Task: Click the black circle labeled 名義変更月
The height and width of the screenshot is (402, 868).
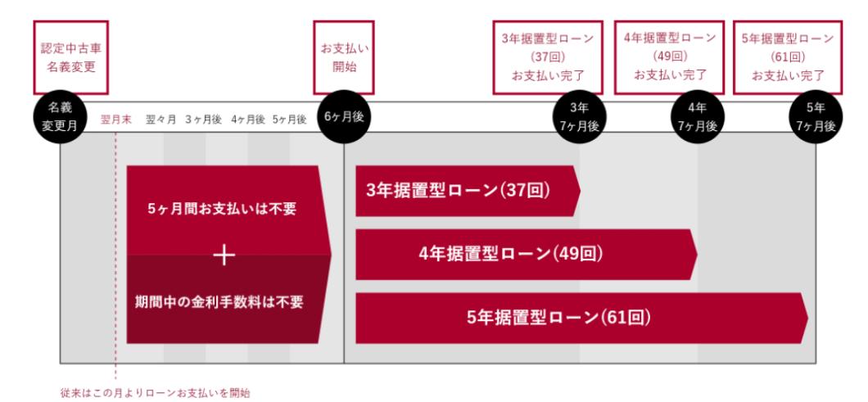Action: pos(61,117)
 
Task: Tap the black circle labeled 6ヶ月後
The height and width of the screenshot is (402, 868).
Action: pos(344,117)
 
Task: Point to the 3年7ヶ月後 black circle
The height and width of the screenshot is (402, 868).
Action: pos(580,117)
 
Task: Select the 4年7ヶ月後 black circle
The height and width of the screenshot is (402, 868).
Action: pos(698,117)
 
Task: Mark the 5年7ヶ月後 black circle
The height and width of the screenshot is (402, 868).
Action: pos(816,117)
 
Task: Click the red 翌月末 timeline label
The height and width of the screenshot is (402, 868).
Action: pos(116,120)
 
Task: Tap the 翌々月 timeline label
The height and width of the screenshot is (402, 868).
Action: pos(161,120)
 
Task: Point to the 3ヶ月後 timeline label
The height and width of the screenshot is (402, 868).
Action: pos(204,120)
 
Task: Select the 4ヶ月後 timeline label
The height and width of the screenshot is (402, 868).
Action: pos(249,120)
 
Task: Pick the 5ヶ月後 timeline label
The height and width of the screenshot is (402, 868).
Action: pos(290,120)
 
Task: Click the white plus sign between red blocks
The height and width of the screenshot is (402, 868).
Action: pos(224,255)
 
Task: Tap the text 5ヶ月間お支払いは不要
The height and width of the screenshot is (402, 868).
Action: pos(222,210)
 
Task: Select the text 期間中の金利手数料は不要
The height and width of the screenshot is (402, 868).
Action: pos(219,302)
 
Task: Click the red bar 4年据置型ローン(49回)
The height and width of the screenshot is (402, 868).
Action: pos(527,254)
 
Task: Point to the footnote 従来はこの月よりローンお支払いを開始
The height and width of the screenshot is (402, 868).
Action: pos(155,394)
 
